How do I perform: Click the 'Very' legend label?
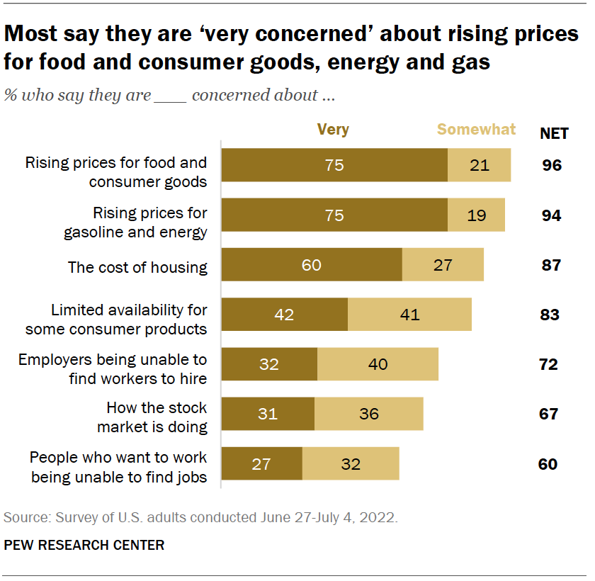click(x=333, y=130)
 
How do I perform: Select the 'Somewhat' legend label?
click(x=477, y=130)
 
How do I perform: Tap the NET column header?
click(x=555, y=132)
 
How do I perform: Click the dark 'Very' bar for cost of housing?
click(x=312, y=265)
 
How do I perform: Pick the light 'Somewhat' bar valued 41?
click(x=409, y=315)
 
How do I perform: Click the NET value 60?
click(x=548, y=464)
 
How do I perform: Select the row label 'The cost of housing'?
click(x=137, y=267)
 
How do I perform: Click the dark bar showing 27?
click(x=261, y=464)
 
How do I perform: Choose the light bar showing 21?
click(x=479, y=166)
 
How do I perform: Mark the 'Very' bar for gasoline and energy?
click(x=334, y=215)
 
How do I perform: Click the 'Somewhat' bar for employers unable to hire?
click(x=378, y=364)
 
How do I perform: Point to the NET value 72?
click(x=548, y=365)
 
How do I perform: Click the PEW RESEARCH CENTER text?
click(x=84, y=545)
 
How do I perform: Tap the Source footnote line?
click(x=200, y=518)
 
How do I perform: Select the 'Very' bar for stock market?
click(x=268, y=414)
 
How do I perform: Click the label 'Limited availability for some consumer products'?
click(x=116, y=320)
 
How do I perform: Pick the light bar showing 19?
click(x=476, y=215)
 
